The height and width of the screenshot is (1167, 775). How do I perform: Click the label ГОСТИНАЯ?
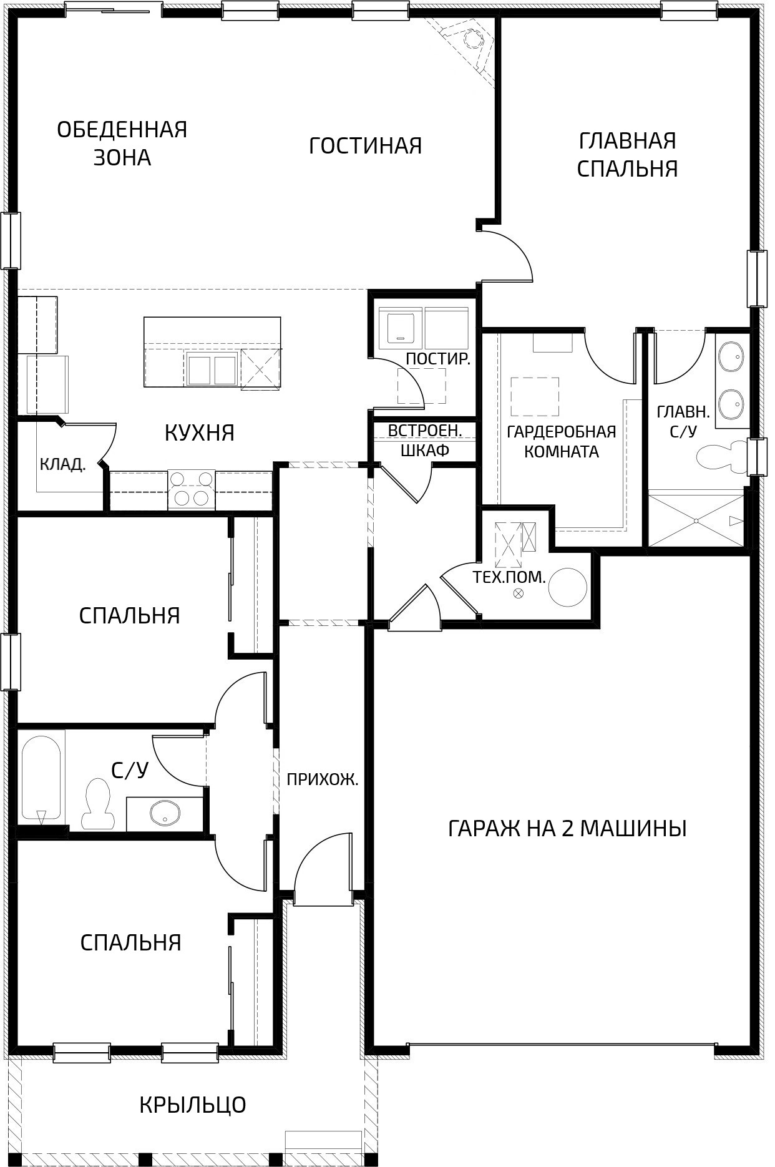tap(366, 146)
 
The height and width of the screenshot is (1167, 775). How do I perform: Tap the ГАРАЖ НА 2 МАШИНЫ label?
tap(567, 829)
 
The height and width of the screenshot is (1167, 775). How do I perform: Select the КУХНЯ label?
tap(200, 432)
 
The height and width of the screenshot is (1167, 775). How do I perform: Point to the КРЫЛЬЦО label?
tap(193, 1105)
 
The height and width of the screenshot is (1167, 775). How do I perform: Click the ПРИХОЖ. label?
tap(323, 779)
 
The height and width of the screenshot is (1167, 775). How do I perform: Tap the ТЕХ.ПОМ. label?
tap(510, 577)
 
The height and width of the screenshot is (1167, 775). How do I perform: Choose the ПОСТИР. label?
tap(437, 359)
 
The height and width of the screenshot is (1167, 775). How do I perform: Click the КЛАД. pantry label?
tap(62, 464)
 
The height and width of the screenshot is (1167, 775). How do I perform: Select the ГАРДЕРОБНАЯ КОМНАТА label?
tap(562, 441)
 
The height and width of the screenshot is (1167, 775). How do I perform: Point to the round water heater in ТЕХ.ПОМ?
tap(568, 587)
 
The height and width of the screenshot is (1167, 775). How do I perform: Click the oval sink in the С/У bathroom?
tap(165, 813)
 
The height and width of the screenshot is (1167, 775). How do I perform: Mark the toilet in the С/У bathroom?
tap(98, 804)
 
